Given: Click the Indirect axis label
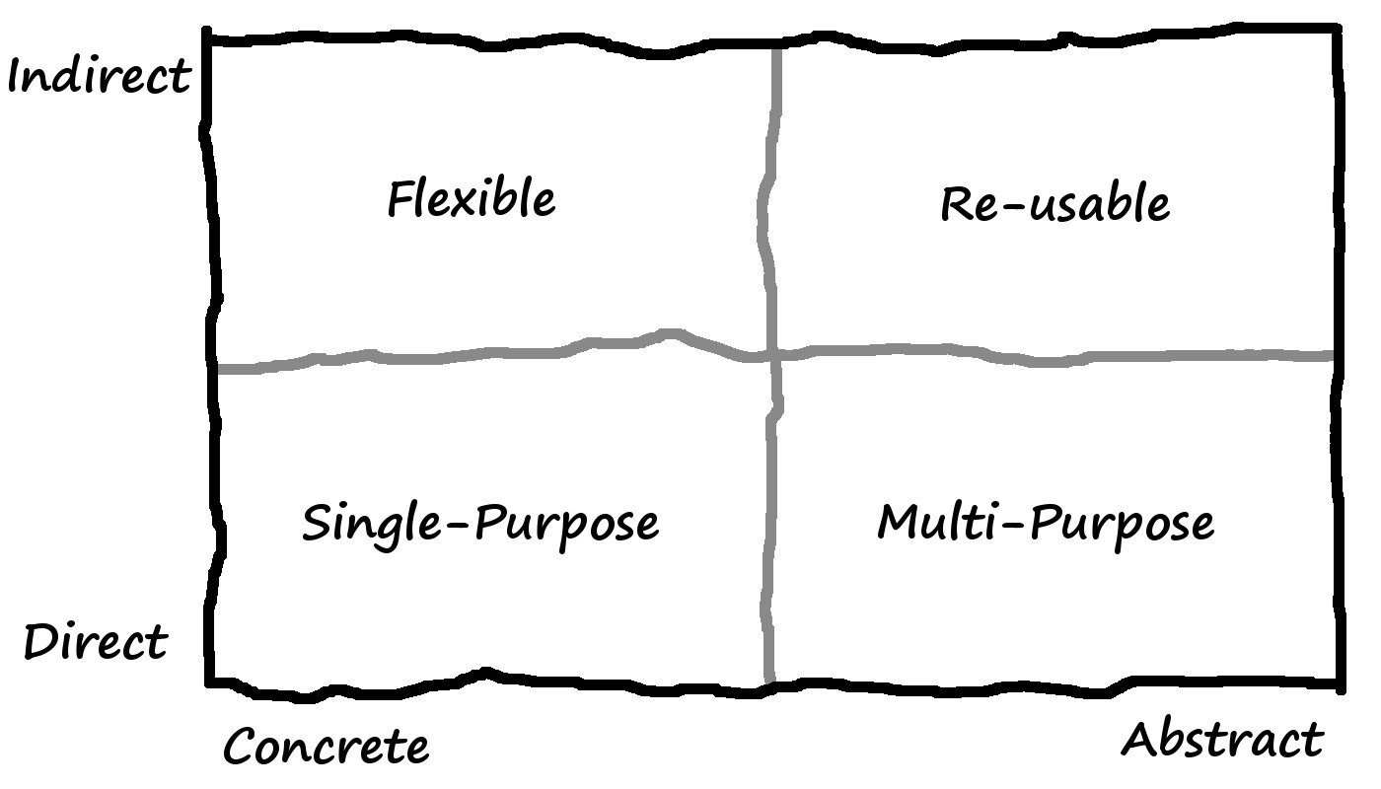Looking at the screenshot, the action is pyautogui.click(x=100, y=77).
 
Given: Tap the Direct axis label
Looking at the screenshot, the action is pyautogui.click(x=96, y=642).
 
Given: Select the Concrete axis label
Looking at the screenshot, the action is pyautogui.click(x=327, y=746).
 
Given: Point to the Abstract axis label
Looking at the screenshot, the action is pyautogui.click(x=1222, y=739).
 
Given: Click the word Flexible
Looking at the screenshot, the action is pyautogui.click(x=472, y=198).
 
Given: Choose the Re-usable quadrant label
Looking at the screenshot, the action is pyautogui.click(x=1055, y=203).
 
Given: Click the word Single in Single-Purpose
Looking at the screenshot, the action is pyautogui.click(x=372, y=525).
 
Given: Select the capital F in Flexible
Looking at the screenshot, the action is pyautogui.click(x=400, y=198).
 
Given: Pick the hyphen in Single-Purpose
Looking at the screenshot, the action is pyautogui.click(x=458, y=524).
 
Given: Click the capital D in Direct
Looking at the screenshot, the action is pyautogui.click(x=42, y=642).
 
